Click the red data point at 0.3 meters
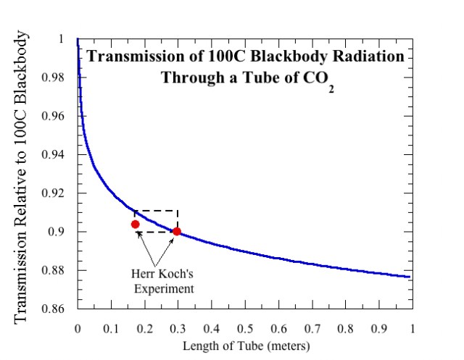pos(177,232)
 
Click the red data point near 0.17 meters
pos(135,225)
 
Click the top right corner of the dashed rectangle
pos(178,211)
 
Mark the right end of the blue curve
pos(410,277)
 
